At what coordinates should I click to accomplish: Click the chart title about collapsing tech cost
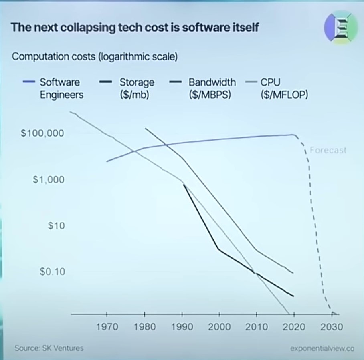[135, 28]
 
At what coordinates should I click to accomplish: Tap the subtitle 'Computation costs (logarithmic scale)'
[95, 56]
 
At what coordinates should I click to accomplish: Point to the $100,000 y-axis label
[42, 133]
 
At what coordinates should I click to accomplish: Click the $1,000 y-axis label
[49, 179]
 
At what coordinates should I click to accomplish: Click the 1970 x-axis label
[107, 327]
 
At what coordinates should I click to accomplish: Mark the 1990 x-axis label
[182, 327]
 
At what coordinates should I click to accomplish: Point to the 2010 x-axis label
[257, 327]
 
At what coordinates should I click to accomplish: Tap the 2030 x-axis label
[332, 327]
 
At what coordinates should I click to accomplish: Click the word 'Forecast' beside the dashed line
[328, 151]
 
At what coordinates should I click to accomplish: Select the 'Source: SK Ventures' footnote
[49, 348]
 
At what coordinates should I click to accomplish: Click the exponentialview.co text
[322, 348]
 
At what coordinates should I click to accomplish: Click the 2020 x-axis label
[294, 327]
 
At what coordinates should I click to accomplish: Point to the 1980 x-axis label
[145, 327]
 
